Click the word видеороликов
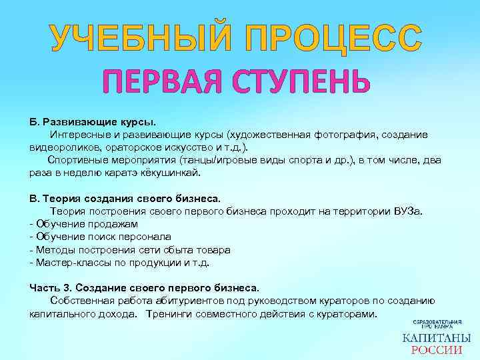coord(62,147)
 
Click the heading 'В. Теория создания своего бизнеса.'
coord(125,198)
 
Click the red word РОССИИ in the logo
coord(436,351)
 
